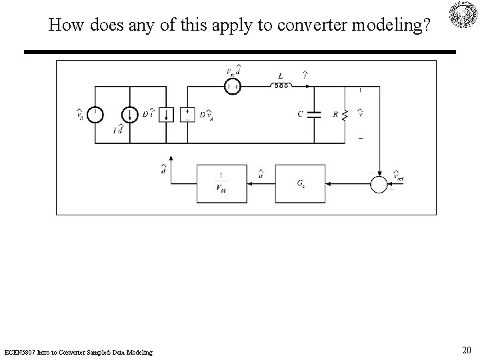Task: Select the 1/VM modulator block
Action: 221,183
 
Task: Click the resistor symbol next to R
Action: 345,114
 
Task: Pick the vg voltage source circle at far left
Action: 95,114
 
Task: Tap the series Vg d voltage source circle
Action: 232,86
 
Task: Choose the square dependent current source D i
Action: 167,114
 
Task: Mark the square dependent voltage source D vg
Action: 188,114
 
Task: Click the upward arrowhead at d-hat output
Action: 171,158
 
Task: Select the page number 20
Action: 467,351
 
